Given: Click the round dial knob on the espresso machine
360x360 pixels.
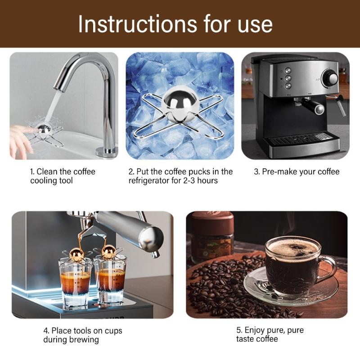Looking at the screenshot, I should [332, 78].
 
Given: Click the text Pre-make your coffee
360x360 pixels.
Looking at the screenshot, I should [297, 171].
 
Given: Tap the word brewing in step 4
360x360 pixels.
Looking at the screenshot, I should [84, 340].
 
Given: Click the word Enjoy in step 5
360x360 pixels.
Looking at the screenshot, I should [256, 330].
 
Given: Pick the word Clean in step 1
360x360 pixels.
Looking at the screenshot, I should [46, 171].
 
